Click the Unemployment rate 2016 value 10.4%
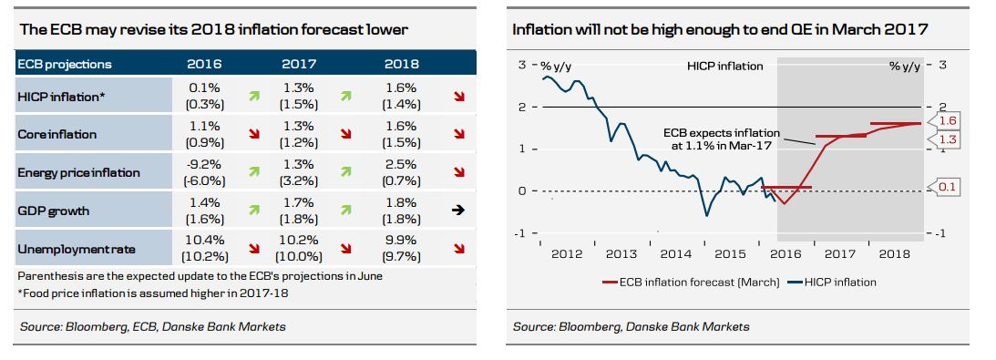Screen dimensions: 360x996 coord(203,241)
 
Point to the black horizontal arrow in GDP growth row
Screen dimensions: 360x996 coord(459,210)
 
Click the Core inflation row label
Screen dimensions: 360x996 coord(56,134)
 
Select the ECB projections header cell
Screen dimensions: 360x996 coord(66,64)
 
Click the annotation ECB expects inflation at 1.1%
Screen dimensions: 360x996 coord(716,138)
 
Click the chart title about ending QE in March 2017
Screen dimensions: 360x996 coord(720,30)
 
